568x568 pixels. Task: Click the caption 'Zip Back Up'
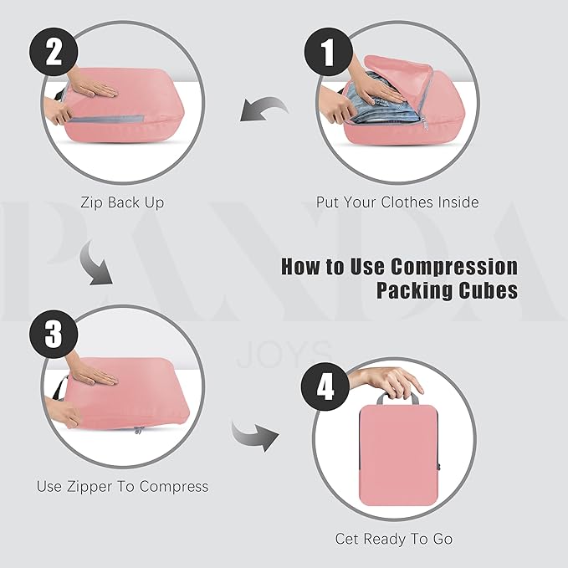coord(122,202)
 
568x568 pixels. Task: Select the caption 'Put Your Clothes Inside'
coord(397,202)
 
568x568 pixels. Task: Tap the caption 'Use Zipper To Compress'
coord(122,486)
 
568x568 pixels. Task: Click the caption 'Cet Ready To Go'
coord(394,539)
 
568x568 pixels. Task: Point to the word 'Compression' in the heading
coord(453,268)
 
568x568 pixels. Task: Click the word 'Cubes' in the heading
coord(487,291)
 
